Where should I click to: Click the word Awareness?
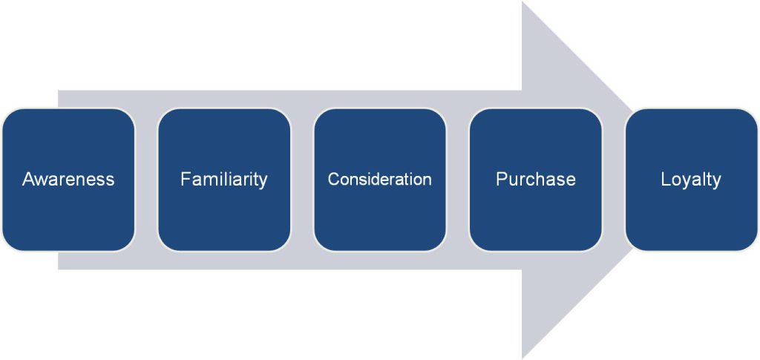tap(68, 180)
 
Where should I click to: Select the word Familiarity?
tap(224, 180)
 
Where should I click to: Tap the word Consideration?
tap(379, 180)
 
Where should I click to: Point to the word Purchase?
tap(536, 180)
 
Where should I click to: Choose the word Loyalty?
tap(691, 180)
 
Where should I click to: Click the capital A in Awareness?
tap(28, 180)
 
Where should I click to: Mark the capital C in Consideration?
tap(334, 180)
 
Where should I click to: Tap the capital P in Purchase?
tap(501, 180)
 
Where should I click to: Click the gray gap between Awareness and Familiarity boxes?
tap(146, 180)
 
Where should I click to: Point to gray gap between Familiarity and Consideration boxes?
tap(302, 180)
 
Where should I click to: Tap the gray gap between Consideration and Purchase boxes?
tap(457, 180)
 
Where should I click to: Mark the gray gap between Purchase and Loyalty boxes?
tap(614, 180)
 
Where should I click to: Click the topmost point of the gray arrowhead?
tap(522, 2)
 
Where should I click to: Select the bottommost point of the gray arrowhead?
tap(522, 358)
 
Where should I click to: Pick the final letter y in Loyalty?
tap(717, 182)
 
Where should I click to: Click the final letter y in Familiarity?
tap(263, 182)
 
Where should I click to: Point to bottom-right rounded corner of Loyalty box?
tap(752, 245)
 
